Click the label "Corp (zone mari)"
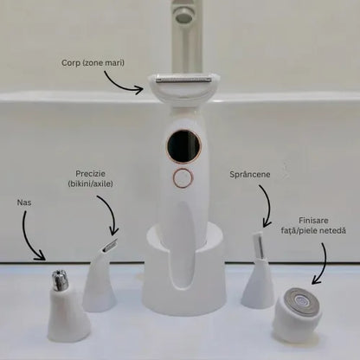pos(93,63)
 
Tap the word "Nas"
pos(24,202)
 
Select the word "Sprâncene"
pos(250,175)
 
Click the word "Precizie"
pos(90,174)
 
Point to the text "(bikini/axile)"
pos(90,183)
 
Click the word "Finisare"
pos(313,221)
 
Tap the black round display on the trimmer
pos(183,147)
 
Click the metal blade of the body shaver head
pos(183,80)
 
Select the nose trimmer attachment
pos(67,305)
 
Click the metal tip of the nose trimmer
pos(60,280)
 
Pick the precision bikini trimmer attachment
pos(100,276)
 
